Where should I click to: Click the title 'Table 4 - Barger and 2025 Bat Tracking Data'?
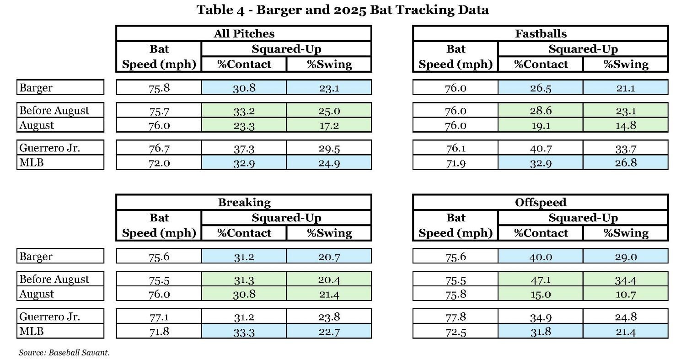click(x=343, y=10)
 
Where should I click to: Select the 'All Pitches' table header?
click(x=244, y=33)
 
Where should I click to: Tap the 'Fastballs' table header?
click(x=541, y=33)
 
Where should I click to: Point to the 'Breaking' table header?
click(x=244, y=202)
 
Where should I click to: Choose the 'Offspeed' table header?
click(x=541, y=202)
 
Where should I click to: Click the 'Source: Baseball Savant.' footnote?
click(x=64, y=352)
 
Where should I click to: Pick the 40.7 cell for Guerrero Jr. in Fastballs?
click(x=541, y=148)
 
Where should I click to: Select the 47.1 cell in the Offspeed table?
click(x=541, y=279)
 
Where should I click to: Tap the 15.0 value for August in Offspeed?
click(x=541, y=294)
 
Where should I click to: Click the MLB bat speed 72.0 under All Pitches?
click(x=159, y=162)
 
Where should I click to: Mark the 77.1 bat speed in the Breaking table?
click(x=159, y=317)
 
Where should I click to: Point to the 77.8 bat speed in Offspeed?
click(x=456, y=317)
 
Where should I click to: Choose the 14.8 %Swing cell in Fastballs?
click(x=626, y=125)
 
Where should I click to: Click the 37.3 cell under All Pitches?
click(x=244, y=148)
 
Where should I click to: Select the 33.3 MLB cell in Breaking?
click(x=244, y=331)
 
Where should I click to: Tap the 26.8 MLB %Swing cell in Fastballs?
click(x=626, y=162)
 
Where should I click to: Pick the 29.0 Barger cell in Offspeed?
click(x=626, y=256)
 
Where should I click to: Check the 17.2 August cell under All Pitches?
click(x=329, y=125)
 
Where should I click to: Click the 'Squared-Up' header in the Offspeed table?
click(x=583, y=218)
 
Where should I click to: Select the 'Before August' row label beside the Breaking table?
click(x=54, y=279)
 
